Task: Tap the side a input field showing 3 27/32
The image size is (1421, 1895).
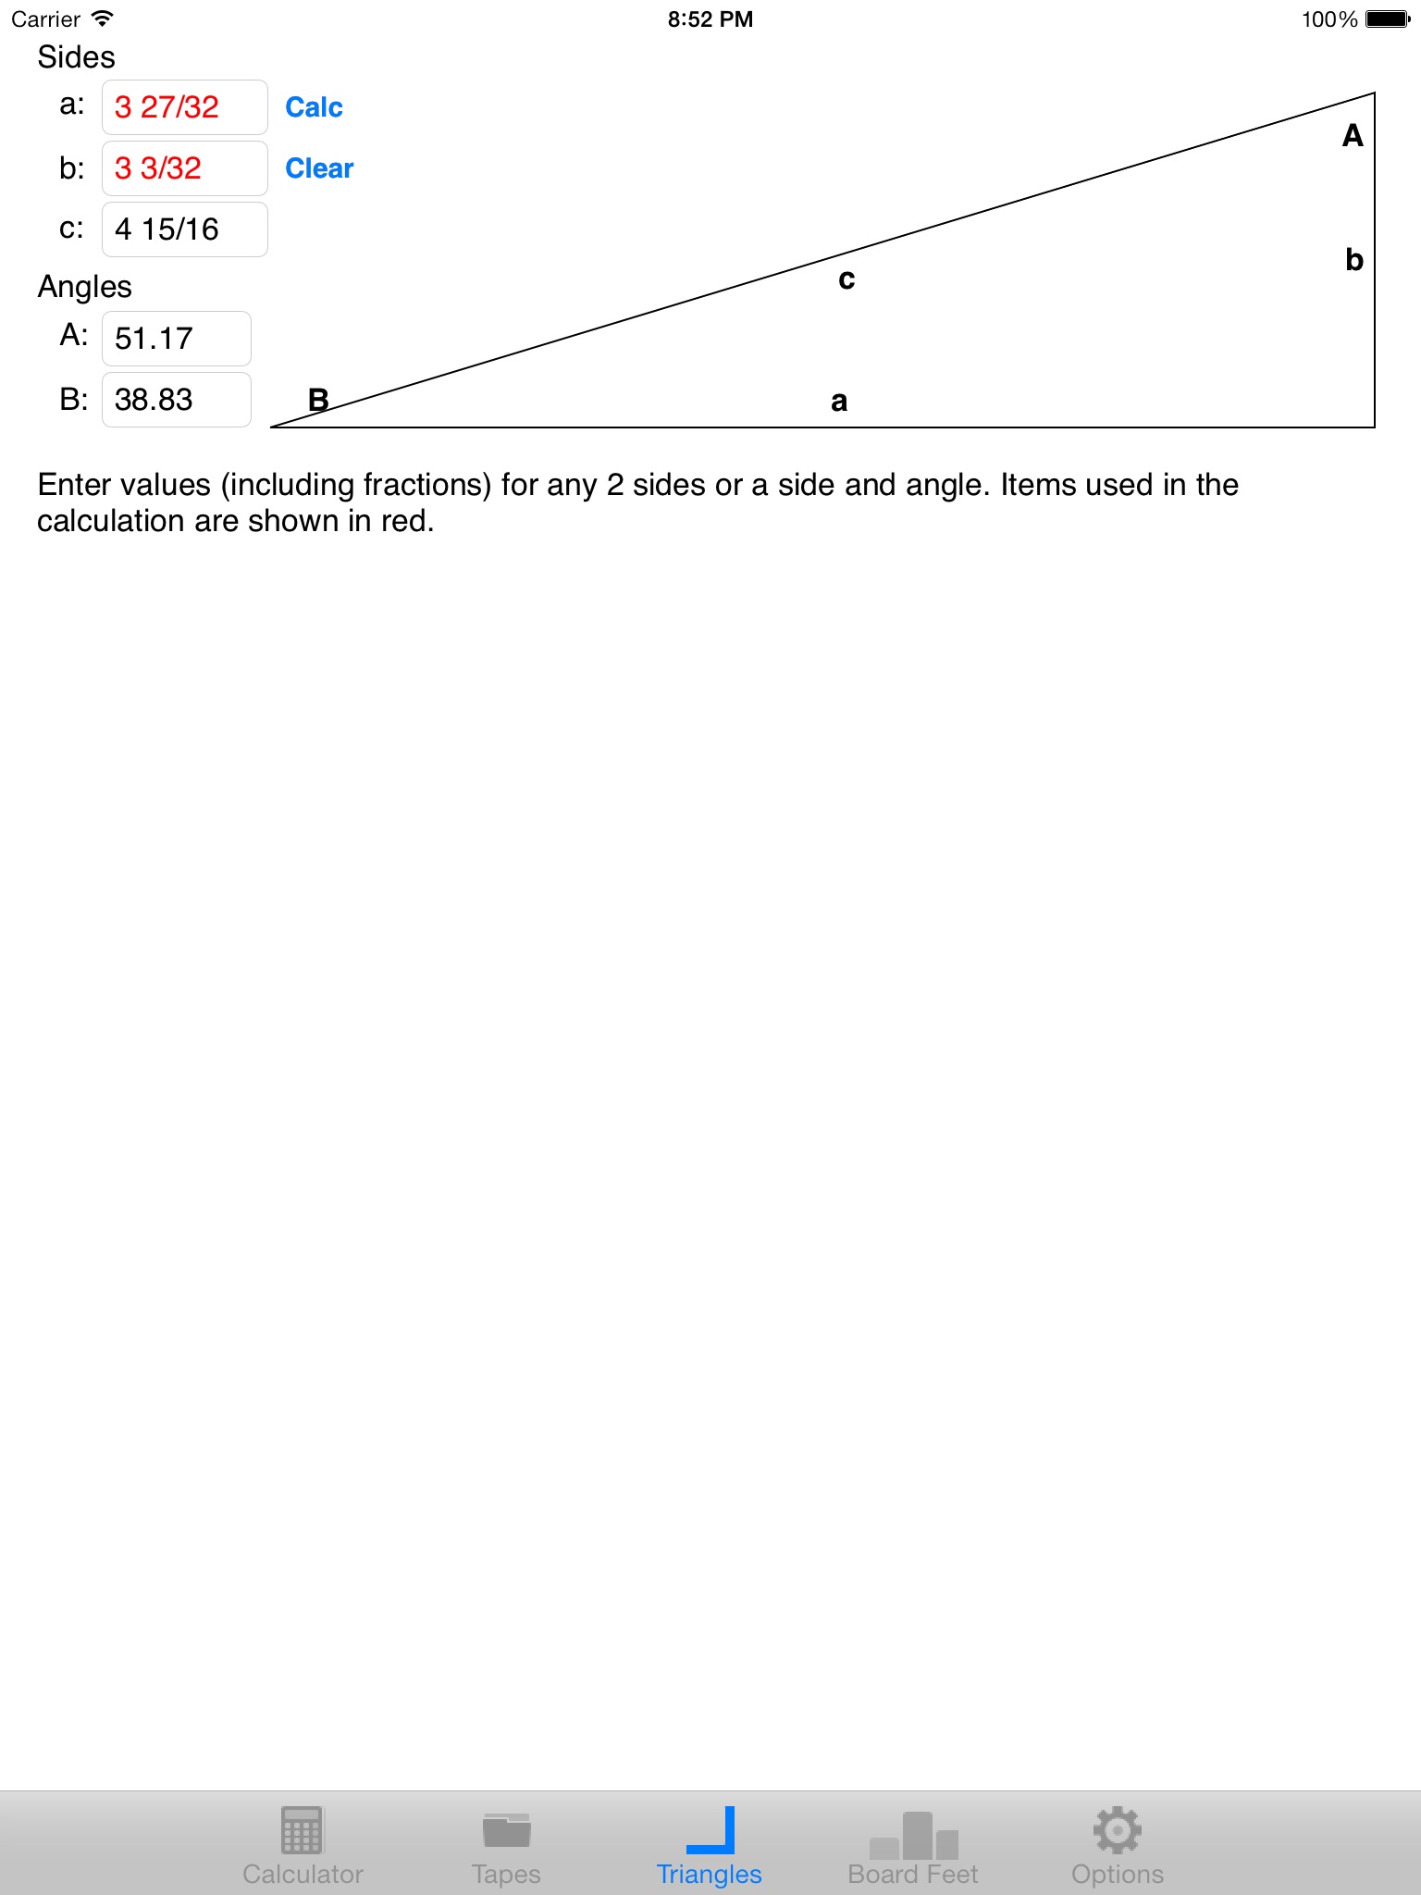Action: click(184, 107)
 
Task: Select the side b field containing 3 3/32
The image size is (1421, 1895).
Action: click(184, 168)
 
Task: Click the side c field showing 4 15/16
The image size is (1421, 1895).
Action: click(184, 229)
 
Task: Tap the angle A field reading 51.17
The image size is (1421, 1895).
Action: click(176, 339)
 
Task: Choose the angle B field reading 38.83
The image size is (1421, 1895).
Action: click(176, 400)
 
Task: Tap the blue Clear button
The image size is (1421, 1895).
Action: click(319, 168)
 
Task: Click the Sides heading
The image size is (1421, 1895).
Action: click(76, 57)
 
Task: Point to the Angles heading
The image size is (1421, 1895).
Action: click(84, 287)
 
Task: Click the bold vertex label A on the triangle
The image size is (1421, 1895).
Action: click(1353, 136)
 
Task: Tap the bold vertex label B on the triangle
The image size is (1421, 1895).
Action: click(318, 400)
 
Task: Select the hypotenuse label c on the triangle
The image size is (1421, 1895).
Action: click(846, 279)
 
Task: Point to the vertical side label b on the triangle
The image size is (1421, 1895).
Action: click(1354, 260)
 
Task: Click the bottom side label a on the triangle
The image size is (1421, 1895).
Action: click(839, 402)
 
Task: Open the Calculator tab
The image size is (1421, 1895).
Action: click(303, 1847)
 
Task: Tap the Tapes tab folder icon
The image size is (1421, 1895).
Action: click(506, 1831)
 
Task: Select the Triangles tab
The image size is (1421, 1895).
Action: click(710, 1847)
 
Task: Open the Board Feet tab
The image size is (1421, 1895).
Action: click(913, 1847)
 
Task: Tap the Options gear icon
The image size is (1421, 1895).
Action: click(1118, 1831)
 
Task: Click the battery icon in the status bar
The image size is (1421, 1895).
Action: click(1388, 19)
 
